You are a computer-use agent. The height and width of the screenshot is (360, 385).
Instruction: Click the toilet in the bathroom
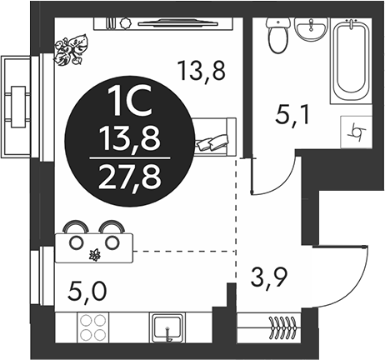click(x=278, y=35)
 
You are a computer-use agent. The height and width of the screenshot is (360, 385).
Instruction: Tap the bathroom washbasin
click(x=311, y=29)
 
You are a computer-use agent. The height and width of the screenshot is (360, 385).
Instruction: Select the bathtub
click(x=351, y=61)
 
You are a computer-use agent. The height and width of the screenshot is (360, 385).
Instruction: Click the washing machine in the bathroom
click(x=356, y=132)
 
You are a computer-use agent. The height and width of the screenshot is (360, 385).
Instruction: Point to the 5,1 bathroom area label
click(x=292, y=117)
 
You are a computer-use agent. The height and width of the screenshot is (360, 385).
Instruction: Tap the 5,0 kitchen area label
click(x=87, y=292)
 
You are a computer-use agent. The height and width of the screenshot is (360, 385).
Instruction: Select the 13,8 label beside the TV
click(x=202, y=71)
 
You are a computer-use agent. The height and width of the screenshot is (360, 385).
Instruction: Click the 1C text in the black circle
click(x=130, y=101)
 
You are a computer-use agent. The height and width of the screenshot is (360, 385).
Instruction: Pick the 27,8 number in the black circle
click(x=130, y=177)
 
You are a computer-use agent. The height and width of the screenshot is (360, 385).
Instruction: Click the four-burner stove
click(x=91, y=327)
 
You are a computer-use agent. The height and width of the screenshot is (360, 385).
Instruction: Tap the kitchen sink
click(x=167, y=327)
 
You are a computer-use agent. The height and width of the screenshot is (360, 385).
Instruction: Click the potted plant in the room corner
click(x=71, y=49)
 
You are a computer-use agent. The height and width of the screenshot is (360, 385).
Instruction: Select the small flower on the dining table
click(x=95, y=255)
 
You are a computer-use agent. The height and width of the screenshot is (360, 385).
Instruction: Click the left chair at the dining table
click(x=77, y=226)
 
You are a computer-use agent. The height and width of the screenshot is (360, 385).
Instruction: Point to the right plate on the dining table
click(x=112, y=242)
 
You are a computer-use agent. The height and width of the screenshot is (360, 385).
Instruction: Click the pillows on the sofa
click(x=212, y=142)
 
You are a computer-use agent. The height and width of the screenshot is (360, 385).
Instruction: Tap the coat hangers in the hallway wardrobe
click(x=284, y=327)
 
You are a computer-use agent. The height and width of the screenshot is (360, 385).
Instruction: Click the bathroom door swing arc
click(x=286, y=182)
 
